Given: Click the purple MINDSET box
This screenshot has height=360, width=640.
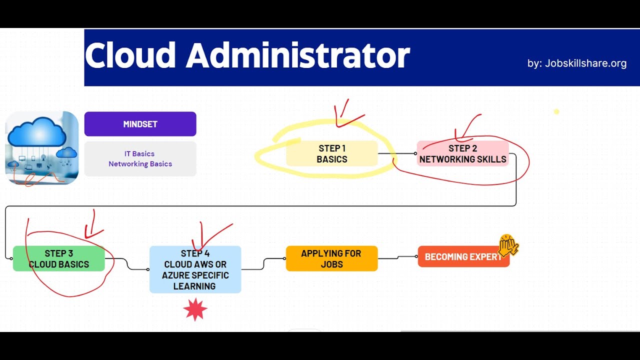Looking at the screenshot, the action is click(x=140, y=124).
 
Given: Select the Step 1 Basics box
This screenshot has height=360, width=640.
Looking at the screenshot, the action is click(x=331, y=153).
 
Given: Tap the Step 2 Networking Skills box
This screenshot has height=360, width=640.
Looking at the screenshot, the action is click(x=463, y=153).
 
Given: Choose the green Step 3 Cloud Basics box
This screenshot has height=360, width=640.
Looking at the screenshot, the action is click(x=59, y=258).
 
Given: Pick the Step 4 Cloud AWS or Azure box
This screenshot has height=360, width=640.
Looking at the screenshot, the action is click(x=195, y=269).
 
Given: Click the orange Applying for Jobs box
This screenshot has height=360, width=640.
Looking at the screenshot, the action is click(x=331, y=258).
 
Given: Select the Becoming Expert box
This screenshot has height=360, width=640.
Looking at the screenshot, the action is click(x=463, y=256).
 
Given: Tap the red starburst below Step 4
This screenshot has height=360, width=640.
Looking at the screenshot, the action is click(x=195, y=309).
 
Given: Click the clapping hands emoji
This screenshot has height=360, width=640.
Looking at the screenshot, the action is click(x=508, y=245).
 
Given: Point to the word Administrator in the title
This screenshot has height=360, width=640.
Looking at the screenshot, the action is click(x=298, y=55).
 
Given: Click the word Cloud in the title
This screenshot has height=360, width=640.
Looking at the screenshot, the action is click(x=130, y=55).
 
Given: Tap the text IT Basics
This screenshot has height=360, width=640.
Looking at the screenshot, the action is click(x=139, y=153).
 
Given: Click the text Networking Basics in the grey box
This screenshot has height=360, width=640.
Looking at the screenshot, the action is click(x=140, y=164).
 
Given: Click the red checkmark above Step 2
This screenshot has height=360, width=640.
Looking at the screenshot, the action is click(x=467, y=127).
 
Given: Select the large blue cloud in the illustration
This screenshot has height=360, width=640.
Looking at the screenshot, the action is click(x=37, y=133).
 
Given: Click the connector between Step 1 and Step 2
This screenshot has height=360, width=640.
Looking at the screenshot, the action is click(x=397, y=153).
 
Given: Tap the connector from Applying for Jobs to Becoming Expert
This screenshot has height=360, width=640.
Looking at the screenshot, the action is click(x=397, y=257).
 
